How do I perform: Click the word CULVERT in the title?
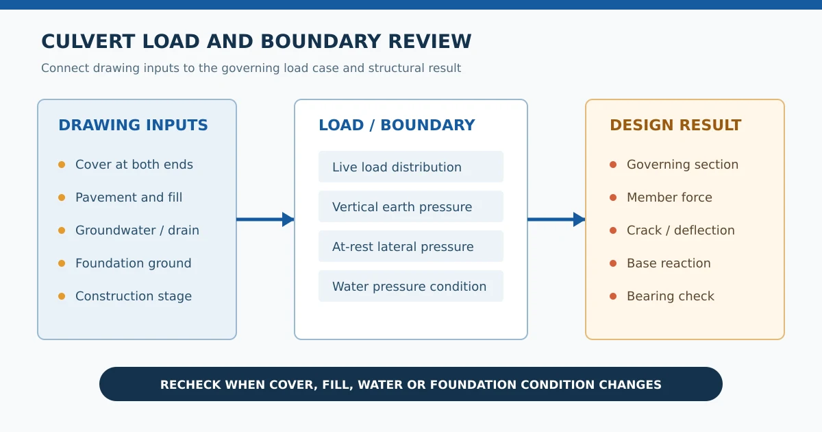[x=88, y=42]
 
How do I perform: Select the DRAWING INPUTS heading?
[x=133, y=125]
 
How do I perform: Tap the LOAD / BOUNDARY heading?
[x=397, y=125]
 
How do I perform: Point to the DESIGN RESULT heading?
[x=675, y=125]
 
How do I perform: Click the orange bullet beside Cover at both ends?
[x=62, y=165]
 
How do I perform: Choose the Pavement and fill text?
[x=129, y=197]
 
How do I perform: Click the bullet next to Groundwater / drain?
[x=62, y=230]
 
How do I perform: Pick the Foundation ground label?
[x=134, y=263]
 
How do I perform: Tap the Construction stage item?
[x=134, y=296]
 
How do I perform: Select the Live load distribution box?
[x=411, y=167]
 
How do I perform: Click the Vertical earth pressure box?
[x=411, y=206]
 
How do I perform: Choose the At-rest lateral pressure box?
[x=411, y=246]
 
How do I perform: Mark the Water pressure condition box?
[x=411, y=286]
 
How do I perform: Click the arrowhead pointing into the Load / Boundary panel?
[x=288, y=219]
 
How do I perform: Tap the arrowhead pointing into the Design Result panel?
[x=579, y=219]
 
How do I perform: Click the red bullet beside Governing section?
[x=613, y=165]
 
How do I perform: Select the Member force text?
[x=669, y=197]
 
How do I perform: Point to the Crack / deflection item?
[x=681, y=230]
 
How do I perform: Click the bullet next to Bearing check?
[x=613, y=296]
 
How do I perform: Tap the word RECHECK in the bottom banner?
[x=190, y=385]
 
